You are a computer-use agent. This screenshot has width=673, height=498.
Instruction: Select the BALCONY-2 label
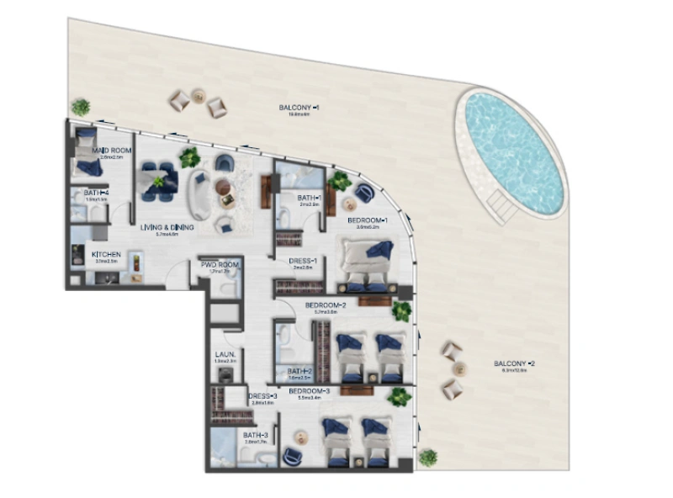pos(515,363)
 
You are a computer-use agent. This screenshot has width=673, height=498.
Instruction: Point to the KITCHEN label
pos(106,254)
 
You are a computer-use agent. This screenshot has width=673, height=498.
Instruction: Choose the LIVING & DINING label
pos(167,227)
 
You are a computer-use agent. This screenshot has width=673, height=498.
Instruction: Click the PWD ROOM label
pos(220,265)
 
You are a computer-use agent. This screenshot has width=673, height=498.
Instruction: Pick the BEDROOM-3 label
pos(310,391)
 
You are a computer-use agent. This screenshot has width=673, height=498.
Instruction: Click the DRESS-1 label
pos(302,261)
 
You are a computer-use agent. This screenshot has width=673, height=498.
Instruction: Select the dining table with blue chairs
pos(158,182)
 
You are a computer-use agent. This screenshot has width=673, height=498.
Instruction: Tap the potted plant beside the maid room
pos(80,107)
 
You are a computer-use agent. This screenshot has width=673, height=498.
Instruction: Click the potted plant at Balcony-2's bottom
pos(428,457)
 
